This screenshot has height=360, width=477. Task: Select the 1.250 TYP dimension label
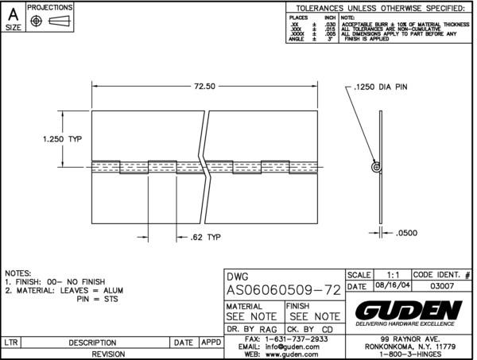62,138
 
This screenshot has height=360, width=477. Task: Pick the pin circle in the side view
376,166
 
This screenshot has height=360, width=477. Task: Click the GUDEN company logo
409,308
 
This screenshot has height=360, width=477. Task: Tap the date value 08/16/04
389,286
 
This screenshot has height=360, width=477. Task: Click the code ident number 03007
443,286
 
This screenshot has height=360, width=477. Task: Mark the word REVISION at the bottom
112,354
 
